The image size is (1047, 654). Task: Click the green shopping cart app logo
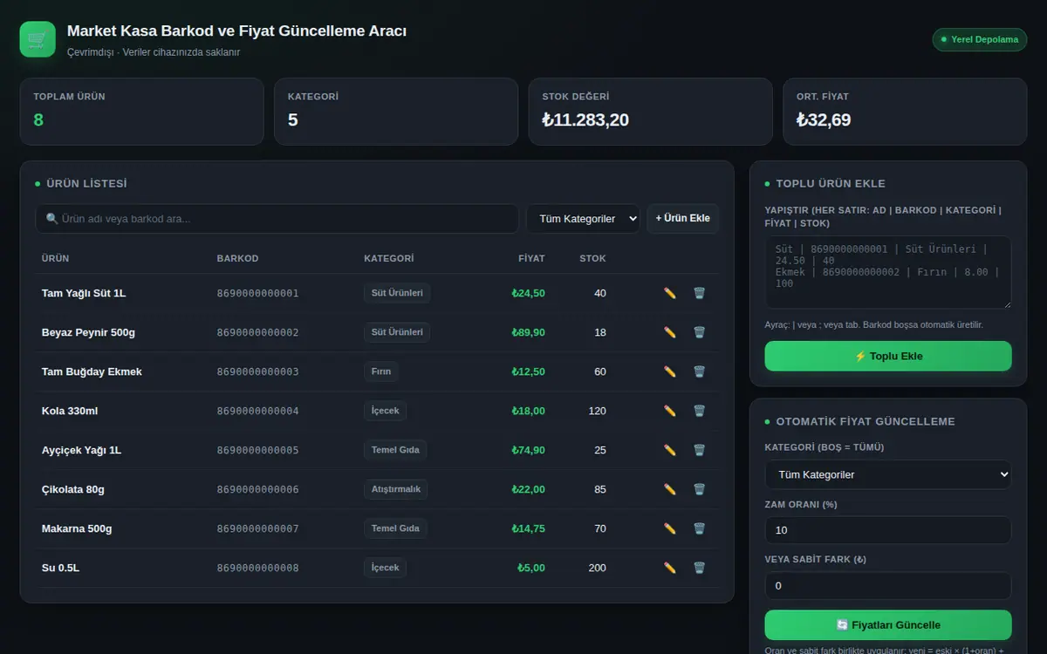click(38, 39)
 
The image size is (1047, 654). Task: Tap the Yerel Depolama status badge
click(980, 40)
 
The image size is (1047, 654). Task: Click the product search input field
click(277, 219)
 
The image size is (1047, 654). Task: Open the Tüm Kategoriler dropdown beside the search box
click(584, 219)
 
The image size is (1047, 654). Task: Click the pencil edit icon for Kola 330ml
click(669, 411)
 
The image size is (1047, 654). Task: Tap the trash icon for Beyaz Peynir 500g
click(699, 332)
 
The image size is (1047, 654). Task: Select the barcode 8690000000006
click(257, 489)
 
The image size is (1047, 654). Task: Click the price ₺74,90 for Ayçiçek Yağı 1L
click(528, 450)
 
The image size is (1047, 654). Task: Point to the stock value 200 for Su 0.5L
click(598, 568)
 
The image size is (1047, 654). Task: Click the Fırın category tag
click(381, 371)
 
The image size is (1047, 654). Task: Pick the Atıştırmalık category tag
click(396, 489)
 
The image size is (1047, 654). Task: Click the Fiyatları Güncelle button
click(888, 624)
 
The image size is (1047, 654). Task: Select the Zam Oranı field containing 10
click(888, 530)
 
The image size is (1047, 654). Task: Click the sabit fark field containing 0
click(888, 585)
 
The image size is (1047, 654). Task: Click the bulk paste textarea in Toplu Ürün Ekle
click(888, 272)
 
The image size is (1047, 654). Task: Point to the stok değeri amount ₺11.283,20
click(585, 120)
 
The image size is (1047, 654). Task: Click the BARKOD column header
click(237, 258)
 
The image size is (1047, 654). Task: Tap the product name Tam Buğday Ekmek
click(92, 371)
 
